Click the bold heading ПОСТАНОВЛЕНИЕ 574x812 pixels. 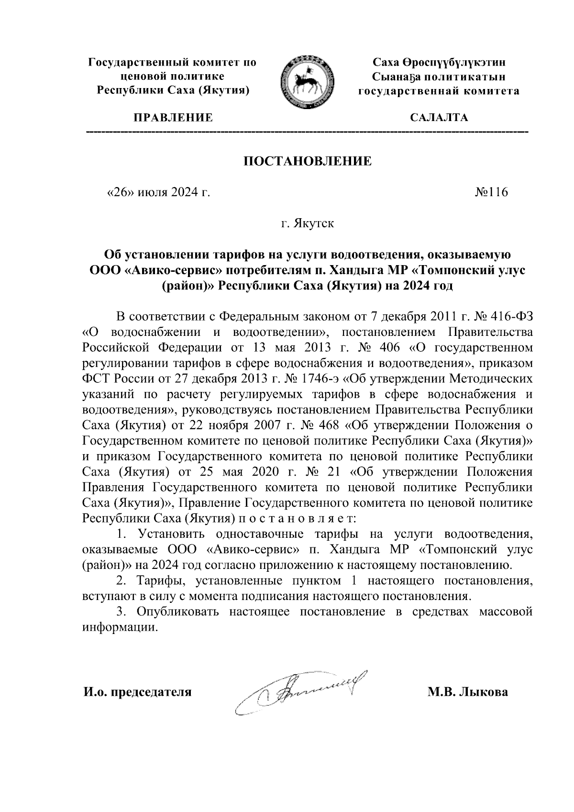point(308,161)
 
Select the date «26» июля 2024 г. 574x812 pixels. point(158,192)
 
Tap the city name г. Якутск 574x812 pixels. point(308,223)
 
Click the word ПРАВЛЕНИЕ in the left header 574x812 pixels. point(173,118)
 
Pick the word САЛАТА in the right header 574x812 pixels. point(439,118)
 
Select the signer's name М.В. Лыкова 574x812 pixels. point(468,692)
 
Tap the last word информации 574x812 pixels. point(120,627)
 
